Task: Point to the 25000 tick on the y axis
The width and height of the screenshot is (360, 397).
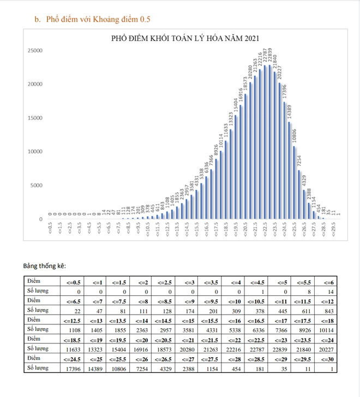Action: (35, 51)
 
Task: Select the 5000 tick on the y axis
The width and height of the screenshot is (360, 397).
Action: (37, 186)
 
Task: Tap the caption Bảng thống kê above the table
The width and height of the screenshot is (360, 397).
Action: (45, 266)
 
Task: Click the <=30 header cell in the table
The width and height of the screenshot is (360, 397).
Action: (325, 358)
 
